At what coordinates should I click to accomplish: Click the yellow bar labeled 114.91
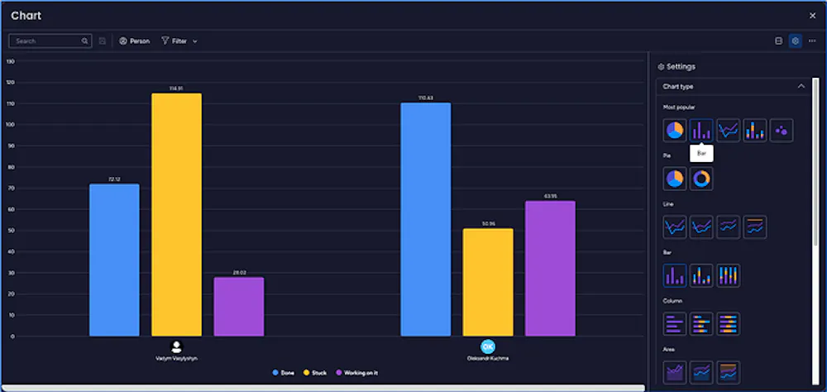click(x=176, y=214)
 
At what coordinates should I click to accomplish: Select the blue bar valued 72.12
click(x=114, y=260)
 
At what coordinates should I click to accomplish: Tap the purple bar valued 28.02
click(x=239, y=306)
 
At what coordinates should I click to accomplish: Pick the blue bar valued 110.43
click(x=426, y=219)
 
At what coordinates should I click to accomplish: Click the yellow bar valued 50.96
click(x=488, y=282)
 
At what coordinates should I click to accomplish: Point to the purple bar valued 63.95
click(x=550, y=268)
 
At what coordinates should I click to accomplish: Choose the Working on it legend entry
click(x=356, y=373)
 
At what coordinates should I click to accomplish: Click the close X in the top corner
click(x=812, y=16)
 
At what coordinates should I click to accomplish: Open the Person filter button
click(x=135, y=41)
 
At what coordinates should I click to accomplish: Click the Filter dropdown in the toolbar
click(x=179, y=41)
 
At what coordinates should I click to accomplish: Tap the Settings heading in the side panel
click(x=680, y=66)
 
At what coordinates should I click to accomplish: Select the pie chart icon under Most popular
click(x=675, y=130)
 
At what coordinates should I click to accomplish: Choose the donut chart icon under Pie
click(x=701, y=178)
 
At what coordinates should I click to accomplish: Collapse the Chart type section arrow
click(x=801, y=86)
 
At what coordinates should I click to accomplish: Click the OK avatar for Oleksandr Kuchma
click(x=488, y=347)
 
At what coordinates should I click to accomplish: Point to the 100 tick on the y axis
click(x=10, y=125)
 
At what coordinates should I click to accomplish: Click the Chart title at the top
click(x=26, y=16)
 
